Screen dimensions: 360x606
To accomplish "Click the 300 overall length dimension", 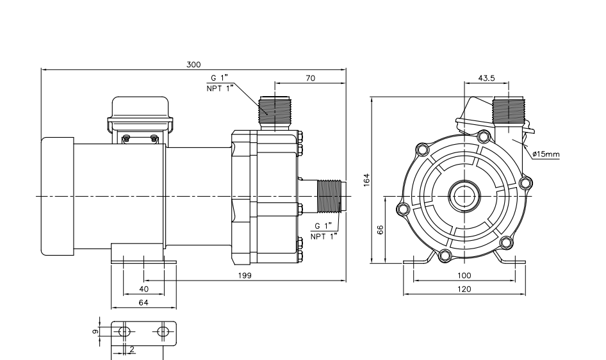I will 193,64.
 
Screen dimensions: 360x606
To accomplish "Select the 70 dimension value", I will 310,78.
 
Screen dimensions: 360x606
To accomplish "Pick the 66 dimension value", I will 380,230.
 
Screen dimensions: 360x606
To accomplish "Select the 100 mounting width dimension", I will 465,275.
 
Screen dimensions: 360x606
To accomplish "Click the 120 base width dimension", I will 465,290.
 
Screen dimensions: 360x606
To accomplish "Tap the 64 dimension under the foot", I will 143,302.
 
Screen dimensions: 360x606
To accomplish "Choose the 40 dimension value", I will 144,289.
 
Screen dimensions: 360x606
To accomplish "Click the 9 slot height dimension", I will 95,331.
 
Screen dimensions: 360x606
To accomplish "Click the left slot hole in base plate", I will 125,331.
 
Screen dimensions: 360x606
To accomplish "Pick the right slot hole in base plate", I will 163,331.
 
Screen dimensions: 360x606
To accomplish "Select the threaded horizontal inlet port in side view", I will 331,195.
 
